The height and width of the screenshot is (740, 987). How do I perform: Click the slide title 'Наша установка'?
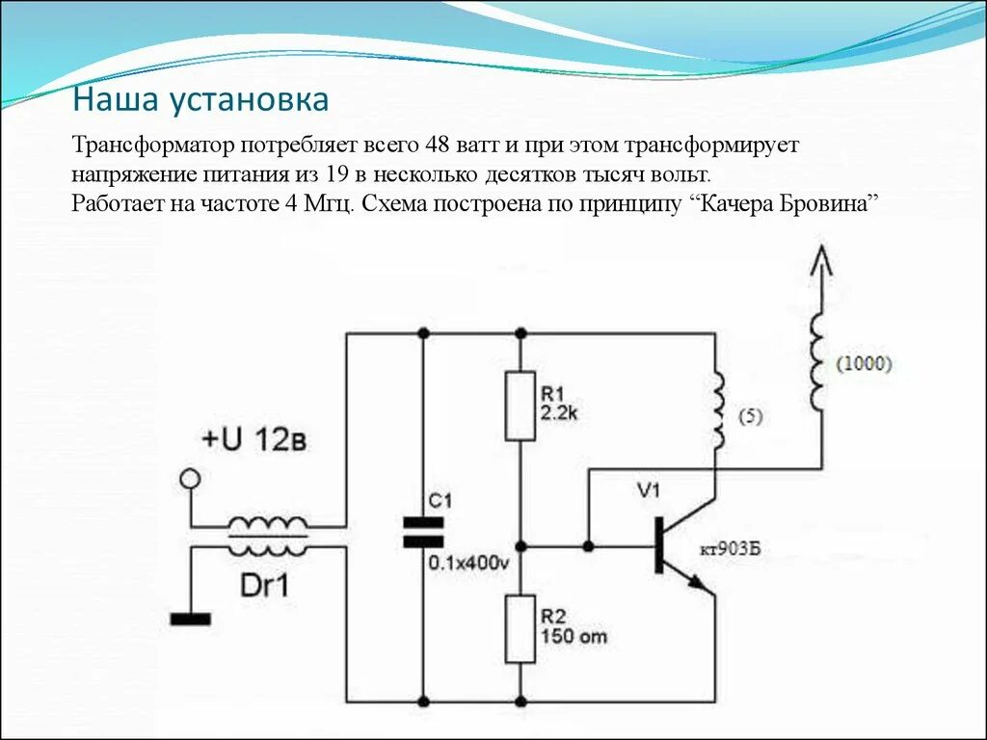[x=201, y=100]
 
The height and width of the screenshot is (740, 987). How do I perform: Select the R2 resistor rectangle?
[x=520, y=629]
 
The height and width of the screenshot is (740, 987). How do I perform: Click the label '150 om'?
[x=574, y=637]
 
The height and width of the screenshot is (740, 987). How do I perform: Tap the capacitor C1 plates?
[x=422, y=532]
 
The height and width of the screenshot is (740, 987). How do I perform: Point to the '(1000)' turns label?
[x=865, y=364]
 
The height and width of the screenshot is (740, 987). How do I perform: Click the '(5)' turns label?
[x=751, y=417]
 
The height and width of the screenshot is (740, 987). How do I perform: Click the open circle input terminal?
[x=192, y=478]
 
